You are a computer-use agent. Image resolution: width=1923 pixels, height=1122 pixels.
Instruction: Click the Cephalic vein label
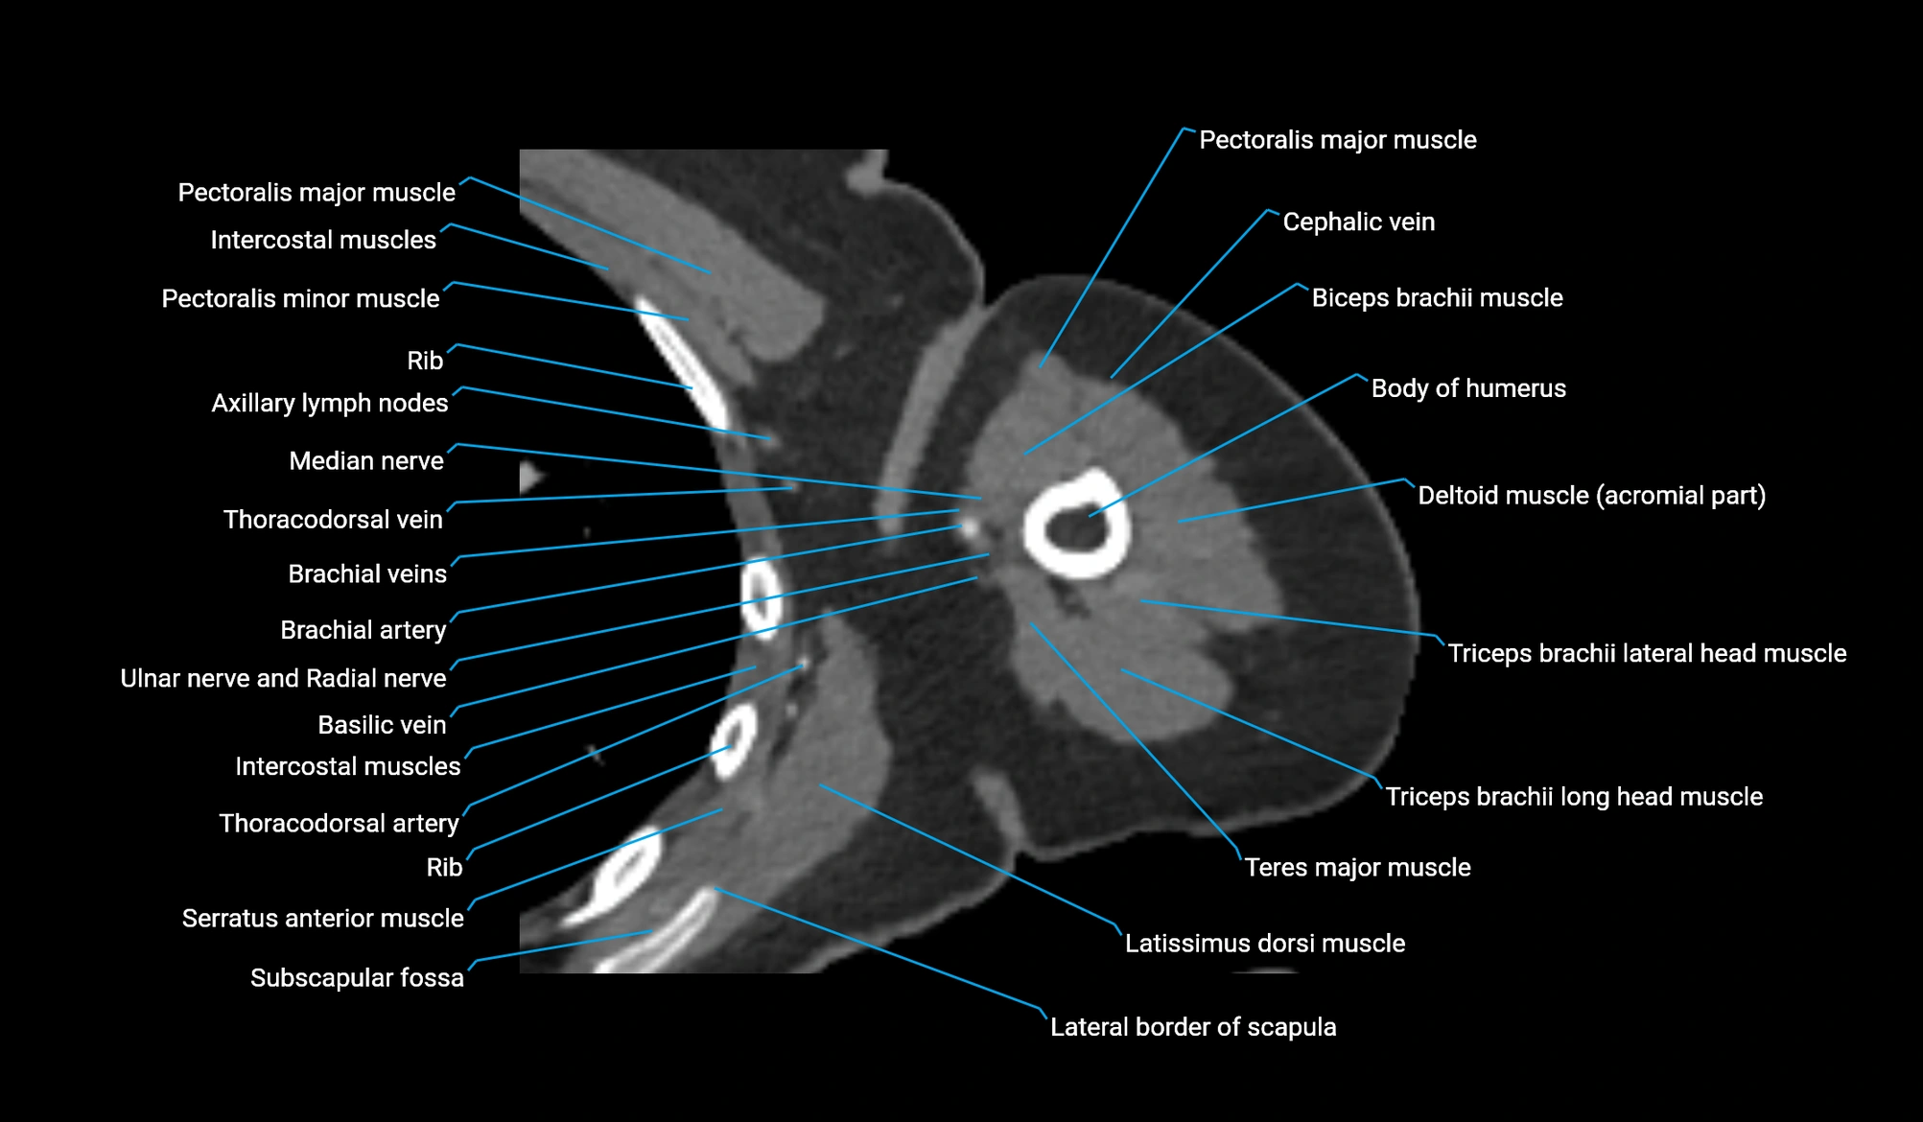click(x=1358, y=222)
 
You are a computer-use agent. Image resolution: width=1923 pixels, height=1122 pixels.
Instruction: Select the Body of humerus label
click(x=1468, y=388)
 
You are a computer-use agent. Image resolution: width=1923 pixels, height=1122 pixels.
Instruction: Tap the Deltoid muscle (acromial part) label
click(x=1592, y=495)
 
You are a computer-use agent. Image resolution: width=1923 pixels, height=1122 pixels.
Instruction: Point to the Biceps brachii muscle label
click(x=1437, y=297)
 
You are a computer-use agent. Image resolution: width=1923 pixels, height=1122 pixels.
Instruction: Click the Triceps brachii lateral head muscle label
click(x=1647, y=653)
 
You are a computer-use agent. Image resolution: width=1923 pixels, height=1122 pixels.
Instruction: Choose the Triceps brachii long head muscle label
click(x=1574, y=796)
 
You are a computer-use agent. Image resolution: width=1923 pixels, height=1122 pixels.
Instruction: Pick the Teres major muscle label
click(x=1357, y=867)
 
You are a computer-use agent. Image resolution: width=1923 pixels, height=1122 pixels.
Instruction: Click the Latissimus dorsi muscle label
click(x=1265, y=943)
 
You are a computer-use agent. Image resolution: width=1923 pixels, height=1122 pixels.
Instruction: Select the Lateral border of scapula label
click(x=1193, y=1026)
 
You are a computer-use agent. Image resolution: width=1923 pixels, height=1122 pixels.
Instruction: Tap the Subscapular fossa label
click(x=357, y=977)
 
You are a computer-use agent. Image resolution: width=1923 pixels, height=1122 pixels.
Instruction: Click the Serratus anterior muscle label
click(x=323, y=918)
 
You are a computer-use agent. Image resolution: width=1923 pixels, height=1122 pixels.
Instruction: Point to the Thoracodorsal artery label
click(x=339, y=823)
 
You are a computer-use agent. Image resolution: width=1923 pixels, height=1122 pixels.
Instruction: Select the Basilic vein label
click(x=382, y=724)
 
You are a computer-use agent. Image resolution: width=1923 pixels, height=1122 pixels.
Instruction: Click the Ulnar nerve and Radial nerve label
click(x=283, y=678)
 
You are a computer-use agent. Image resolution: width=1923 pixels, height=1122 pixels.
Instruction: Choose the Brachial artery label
click(x=363, y=629)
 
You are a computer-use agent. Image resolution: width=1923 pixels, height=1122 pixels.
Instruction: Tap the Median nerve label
click(x=366, y=460)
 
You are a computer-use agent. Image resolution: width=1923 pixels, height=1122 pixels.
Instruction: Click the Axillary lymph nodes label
click(x=330, y=403)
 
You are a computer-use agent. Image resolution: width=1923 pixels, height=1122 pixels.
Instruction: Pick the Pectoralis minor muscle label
click(x=300, y=298)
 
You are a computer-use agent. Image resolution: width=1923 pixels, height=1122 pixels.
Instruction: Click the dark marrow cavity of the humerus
click(x=1076, y=526)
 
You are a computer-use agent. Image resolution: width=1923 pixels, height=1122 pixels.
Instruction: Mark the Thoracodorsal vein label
click(x=333, y=519)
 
